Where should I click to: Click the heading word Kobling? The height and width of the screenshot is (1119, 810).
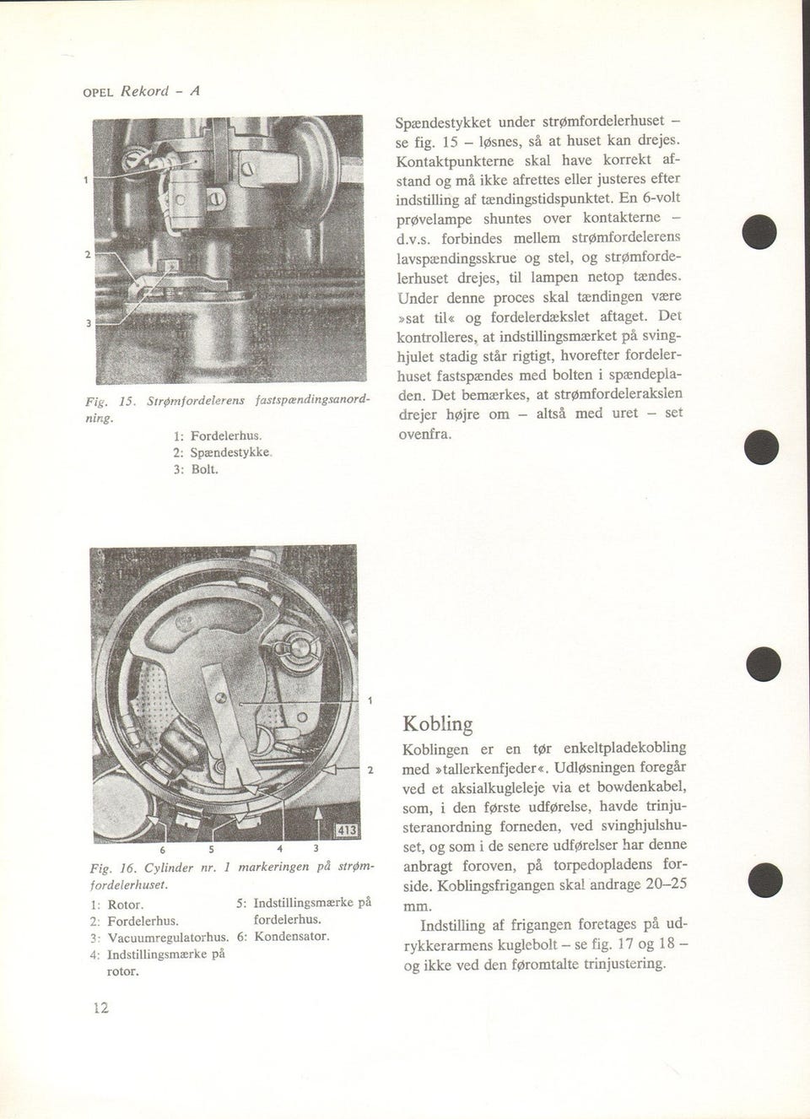coord(437,724)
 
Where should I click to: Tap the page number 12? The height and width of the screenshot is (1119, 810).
coord(100,1008)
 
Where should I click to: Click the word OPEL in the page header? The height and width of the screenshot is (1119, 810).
coord(98,93)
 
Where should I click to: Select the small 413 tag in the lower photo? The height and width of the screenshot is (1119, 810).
coord(347,830)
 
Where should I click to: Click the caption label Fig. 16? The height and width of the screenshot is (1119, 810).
coord(113,868)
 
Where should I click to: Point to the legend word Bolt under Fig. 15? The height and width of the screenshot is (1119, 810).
coord(203,468)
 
